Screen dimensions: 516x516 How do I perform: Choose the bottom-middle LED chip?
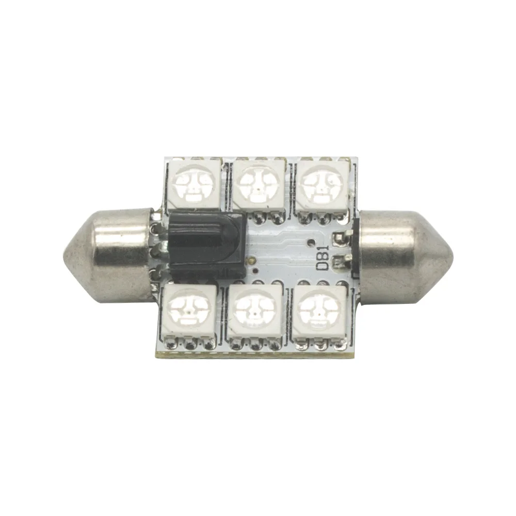pyautogui.click(x=254, y=313)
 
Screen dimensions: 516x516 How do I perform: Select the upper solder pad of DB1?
pyautogui.click(x=341, y=238)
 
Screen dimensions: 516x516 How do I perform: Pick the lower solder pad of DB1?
pyautogui.click(x=341, y=261)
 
